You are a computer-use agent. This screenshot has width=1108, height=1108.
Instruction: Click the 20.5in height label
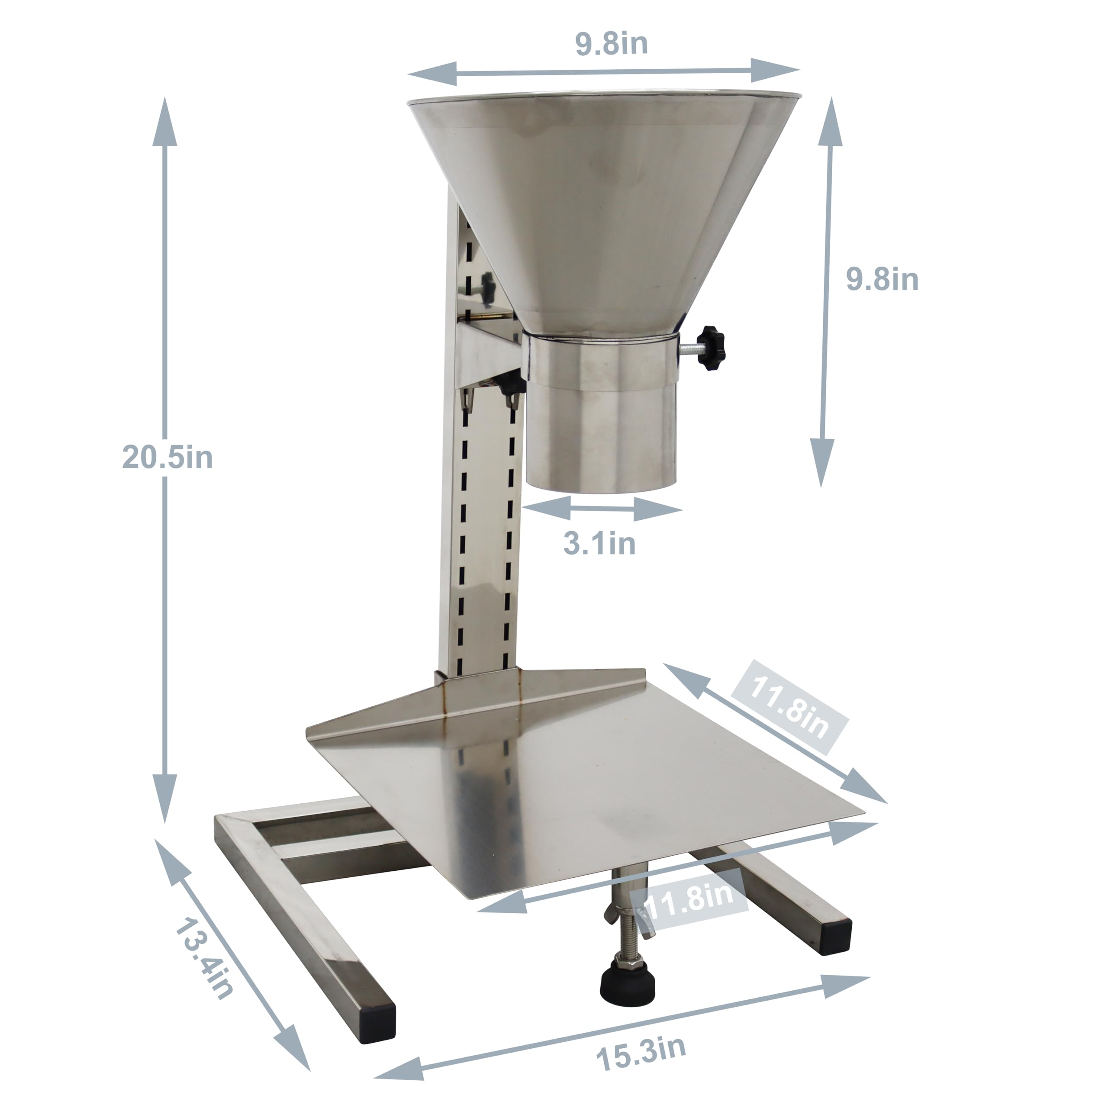click(167, 457)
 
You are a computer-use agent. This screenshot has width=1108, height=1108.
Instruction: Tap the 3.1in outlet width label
click(599, 543)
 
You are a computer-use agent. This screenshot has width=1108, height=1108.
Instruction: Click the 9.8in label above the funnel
click(612, 44)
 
